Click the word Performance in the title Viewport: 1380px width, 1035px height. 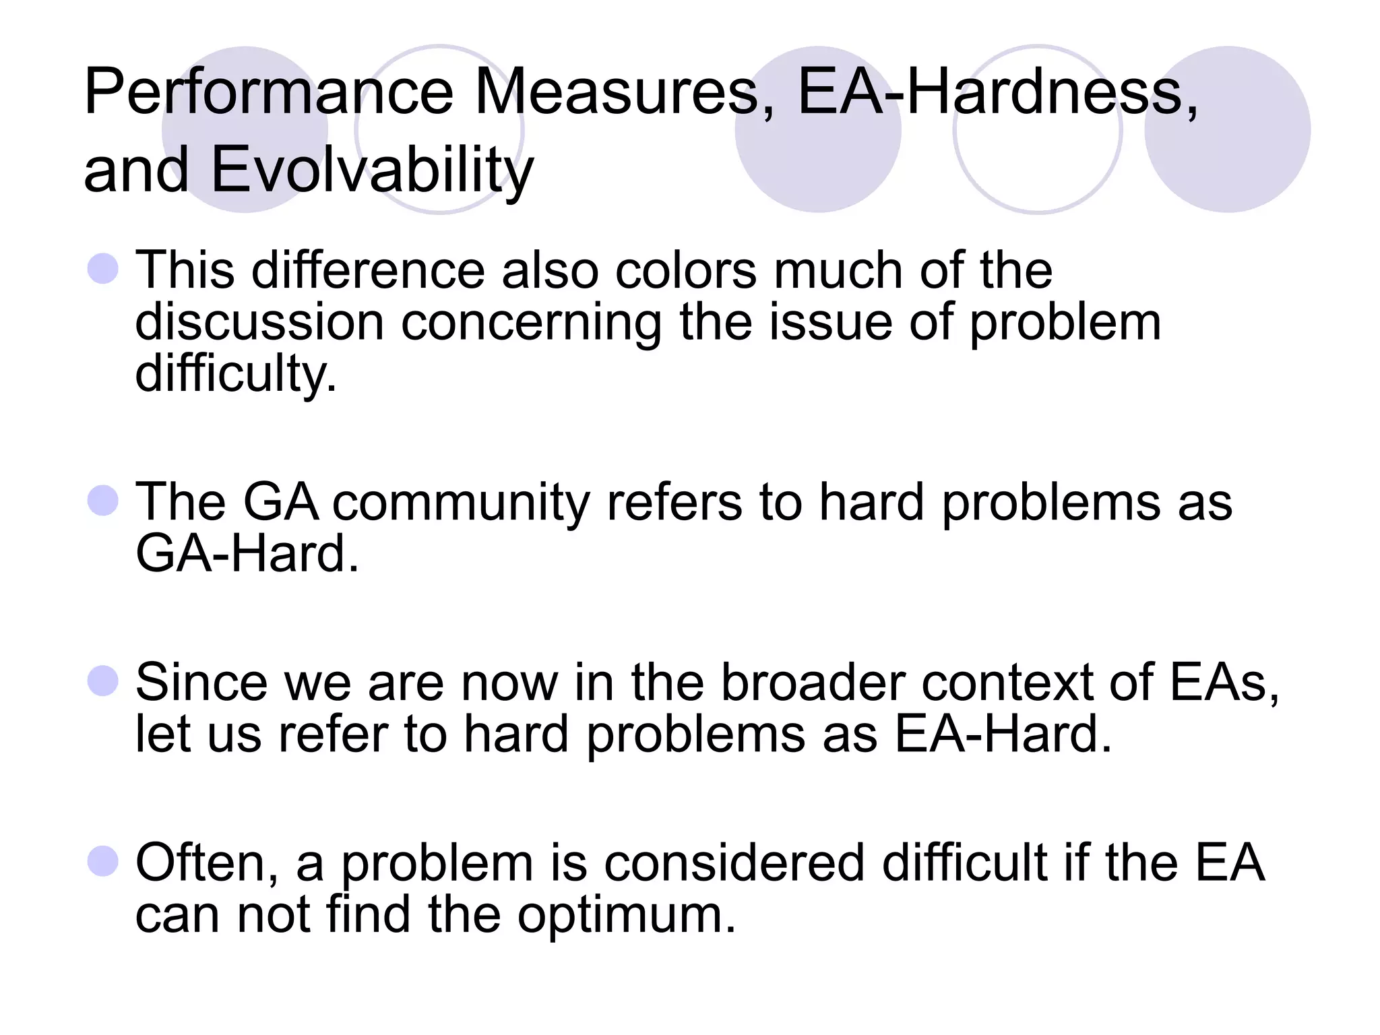point(269,92)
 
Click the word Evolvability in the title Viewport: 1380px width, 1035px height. point(372,170)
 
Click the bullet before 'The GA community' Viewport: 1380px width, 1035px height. point(103,501)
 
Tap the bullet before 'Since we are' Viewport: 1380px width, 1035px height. point(103,681)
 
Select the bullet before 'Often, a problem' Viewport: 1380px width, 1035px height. point(103,861)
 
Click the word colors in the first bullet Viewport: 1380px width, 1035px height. point(686,271)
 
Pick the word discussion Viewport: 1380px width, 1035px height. point(259,322)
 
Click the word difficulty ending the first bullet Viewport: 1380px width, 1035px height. point(235,374)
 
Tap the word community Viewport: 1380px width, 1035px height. point(461,503)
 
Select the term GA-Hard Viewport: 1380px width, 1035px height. point(247,554)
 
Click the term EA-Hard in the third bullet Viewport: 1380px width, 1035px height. point(1003,734)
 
